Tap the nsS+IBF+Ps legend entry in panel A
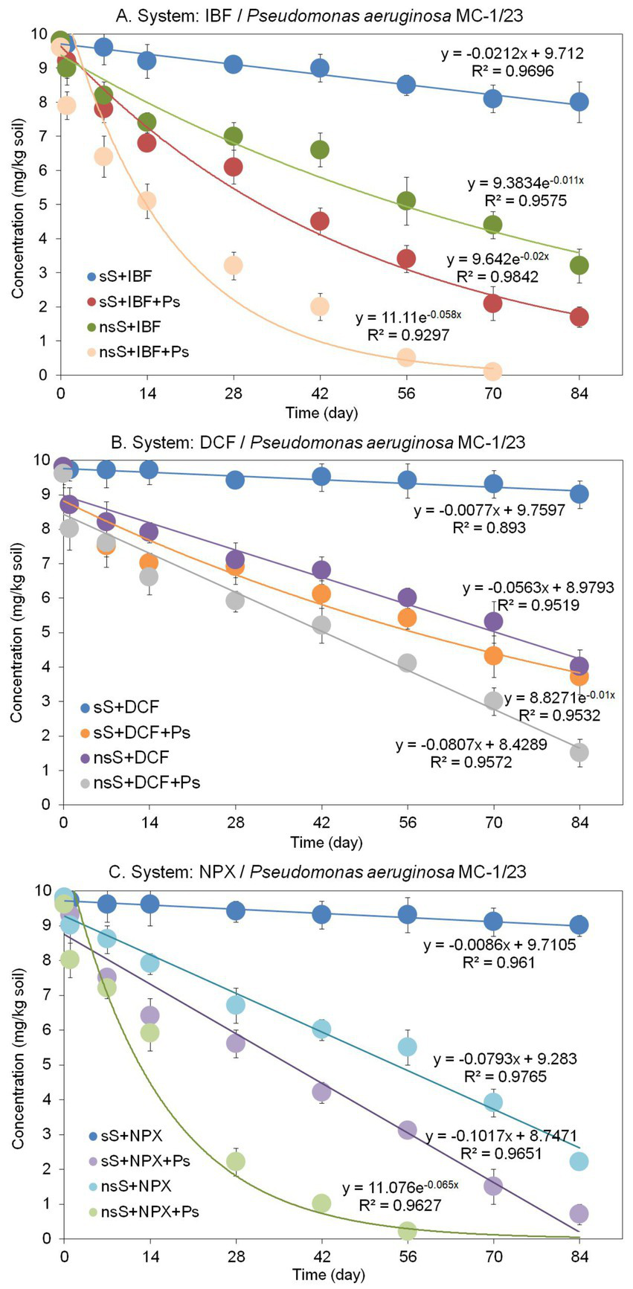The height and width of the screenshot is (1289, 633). tap(138, 351)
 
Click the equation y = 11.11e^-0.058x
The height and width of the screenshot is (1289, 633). tap(408, 318)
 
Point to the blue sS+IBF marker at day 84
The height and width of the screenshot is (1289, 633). tap(579, 102)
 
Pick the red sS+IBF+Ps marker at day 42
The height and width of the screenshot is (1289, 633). tap(320, 221)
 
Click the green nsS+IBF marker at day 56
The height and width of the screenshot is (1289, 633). tap(406, 201)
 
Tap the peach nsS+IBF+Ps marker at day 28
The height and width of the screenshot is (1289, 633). tap(233, 266)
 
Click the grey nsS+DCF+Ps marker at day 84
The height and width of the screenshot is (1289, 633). tap(579, 752)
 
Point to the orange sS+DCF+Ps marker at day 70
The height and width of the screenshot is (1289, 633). tap(492, 655)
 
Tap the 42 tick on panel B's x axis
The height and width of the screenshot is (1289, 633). tap(321, 823)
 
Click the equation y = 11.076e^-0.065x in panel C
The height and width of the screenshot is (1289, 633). tap(400, 1188)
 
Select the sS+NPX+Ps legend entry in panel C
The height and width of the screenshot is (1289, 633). tap(138, 1160)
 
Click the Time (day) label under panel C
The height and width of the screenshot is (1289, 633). tap(327, 1274)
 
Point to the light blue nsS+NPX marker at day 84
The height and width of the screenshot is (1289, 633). tap(579, 1161)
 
